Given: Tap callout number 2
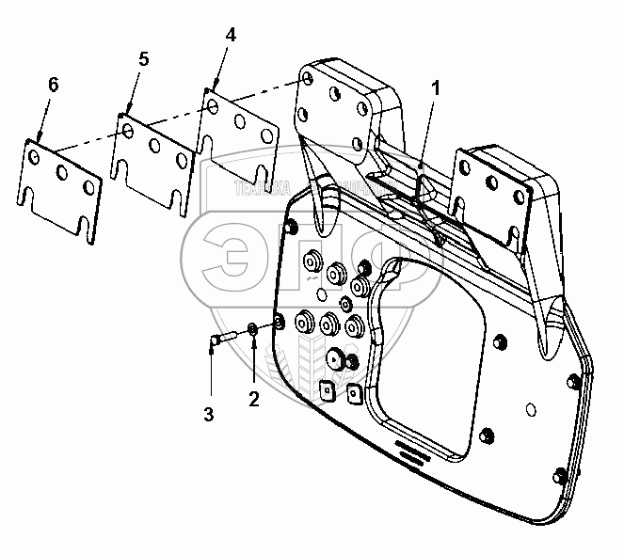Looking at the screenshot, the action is (253, 399).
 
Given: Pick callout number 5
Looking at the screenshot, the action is (142, 59).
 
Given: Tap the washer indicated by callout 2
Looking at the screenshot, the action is (254, 330).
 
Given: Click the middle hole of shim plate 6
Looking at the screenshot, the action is (61, 173).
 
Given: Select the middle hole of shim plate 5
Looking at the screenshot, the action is (153, 146).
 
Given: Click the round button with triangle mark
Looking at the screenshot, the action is (335, 358).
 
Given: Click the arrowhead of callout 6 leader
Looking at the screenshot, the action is (38, 138).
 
